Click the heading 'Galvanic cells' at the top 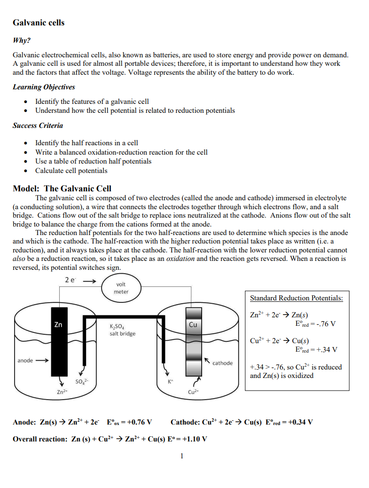39,23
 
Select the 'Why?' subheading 21,40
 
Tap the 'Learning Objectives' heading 44,87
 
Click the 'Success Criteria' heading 38,126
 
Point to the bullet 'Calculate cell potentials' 71,171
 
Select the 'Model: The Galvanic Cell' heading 62,189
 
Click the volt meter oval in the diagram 121,288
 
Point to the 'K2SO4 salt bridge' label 122,330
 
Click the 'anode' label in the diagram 25,361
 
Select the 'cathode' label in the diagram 222,363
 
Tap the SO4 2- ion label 81,381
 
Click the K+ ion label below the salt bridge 170,382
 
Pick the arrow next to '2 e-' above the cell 90,282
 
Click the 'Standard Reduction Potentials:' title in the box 296,298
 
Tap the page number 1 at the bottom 181,456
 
